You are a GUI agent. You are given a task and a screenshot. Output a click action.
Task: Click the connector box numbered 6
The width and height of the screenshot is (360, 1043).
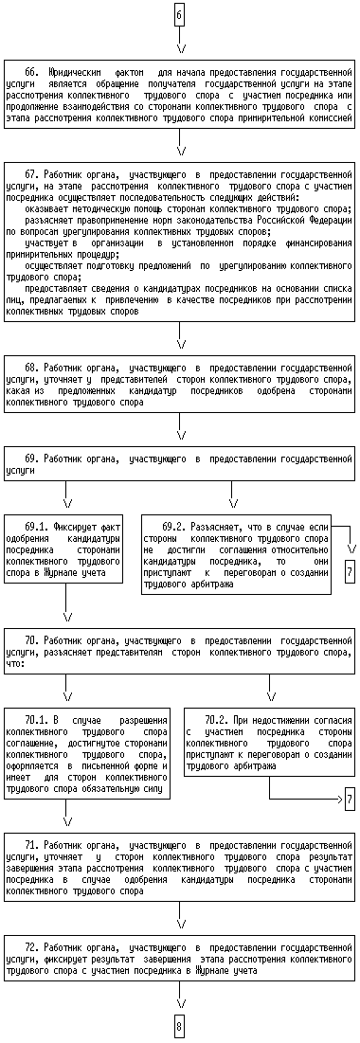179,14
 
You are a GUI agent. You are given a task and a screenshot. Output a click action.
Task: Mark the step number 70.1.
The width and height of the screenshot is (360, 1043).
35,720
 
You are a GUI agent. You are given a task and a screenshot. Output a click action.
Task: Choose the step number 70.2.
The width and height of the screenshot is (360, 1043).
215,720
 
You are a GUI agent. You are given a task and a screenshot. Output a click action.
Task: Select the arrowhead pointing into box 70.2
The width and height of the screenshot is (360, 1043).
270,697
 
